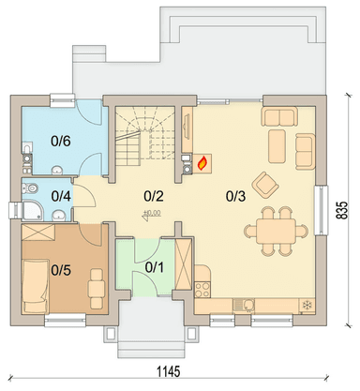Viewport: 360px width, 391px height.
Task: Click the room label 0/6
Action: click(61, 142)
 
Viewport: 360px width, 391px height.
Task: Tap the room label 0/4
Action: click(61, 196)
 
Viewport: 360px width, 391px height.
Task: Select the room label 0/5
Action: click(61, 270)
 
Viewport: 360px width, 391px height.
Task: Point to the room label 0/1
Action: click(155, 267)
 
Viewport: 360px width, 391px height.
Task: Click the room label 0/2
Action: click(154, 196)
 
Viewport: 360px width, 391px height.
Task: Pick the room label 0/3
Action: click(236, 196)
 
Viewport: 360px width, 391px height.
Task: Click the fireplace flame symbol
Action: click(202, 163)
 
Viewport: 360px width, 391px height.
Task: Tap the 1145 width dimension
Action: click(168, 372)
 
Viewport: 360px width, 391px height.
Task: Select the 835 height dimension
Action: click(342, 210)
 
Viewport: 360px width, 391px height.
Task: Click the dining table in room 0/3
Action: click(276, 231)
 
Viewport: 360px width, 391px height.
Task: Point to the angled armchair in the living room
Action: click(265, 184)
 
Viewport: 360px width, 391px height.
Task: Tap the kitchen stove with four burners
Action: click(202, 290)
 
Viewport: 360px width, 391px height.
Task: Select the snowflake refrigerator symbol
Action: click(307, 305)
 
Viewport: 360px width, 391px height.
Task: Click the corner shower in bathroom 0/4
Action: click(35, 210)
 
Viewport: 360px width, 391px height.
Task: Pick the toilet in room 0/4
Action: click(30, 188)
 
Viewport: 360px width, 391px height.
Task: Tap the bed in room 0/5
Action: click(35, 286)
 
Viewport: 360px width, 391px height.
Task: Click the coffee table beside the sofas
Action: click(277, 146)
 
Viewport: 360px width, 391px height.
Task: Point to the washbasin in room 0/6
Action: click(57, 170)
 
